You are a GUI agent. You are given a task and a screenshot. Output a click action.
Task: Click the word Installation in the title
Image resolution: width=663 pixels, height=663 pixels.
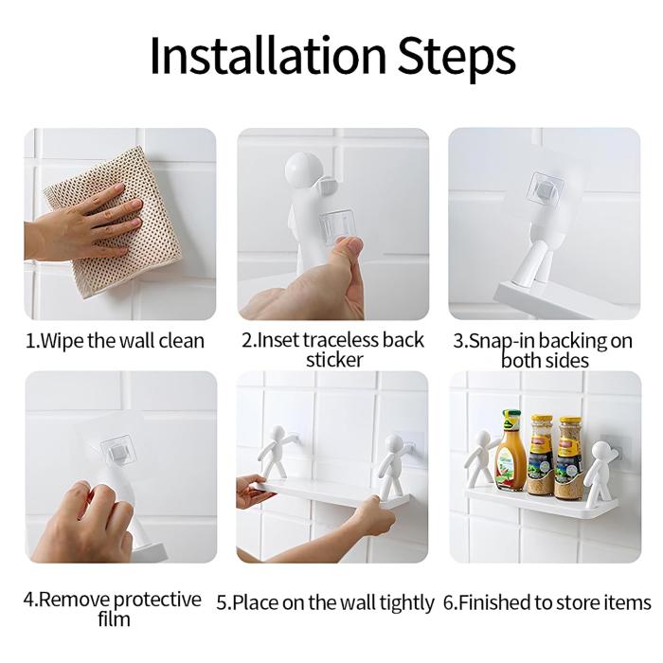268,55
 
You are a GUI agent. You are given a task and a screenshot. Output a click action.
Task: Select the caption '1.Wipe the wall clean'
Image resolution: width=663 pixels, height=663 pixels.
115,341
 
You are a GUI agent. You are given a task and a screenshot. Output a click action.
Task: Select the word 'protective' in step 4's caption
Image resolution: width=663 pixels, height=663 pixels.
157,600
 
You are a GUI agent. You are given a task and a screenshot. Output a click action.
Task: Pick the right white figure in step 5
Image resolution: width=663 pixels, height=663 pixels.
391,465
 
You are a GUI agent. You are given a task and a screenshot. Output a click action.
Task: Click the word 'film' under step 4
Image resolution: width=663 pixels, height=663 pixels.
115,619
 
